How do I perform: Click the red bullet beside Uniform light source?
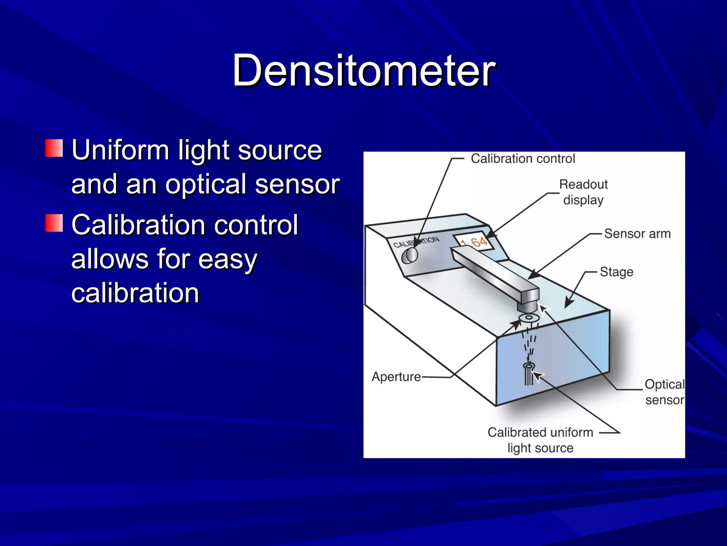tap(54, 148)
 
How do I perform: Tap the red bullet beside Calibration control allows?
tap(54, 223)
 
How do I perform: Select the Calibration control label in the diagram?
tap(523, 159)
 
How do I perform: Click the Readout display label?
tap(583, 192)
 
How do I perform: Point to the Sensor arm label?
tap(637, 234)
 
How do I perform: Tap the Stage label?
tap(616, 272)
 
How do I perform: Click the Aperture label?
tap(396, 376)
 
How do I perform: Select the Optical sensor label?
tap(664, 392)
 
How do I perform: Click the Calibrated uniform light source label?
tap(540, 440)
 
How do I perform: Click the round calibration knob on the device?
tap(410, 255)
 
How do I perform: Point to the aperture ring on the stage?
tap(529, 317)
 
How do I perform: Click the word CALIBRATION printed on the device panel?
tap(416, 242)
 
